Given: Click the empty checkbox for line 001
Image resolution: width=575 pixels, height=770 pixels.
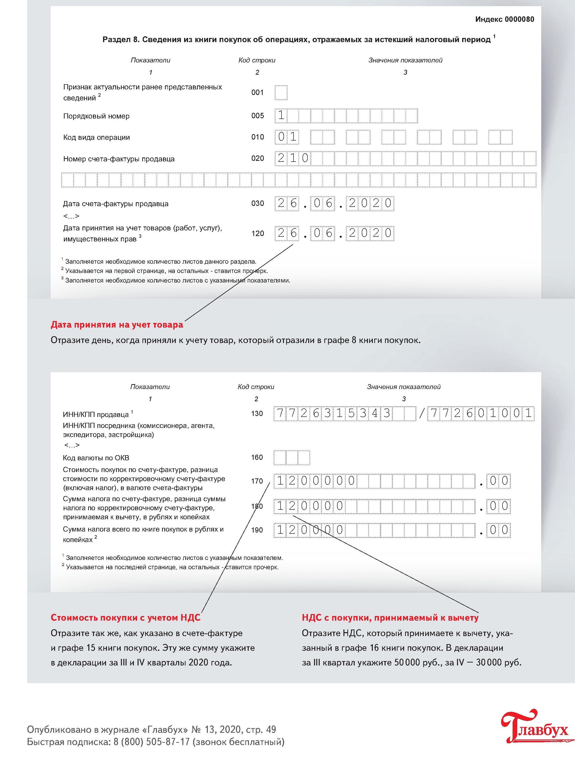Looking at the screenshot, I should pyautogui.click(x=281, y=93).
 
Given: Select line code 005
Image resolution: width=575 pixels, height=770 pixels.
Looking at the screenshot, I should pyautogui.click(x=258, y=116).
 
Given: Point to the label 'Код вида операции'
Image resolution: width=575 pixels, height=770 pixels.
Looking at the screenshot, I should pyautogui.click(x=96, y=138).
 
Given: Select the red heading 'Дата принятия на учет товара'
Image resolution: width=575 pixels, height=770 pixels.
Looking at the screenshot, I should pyautogui.click(x=117, y=325).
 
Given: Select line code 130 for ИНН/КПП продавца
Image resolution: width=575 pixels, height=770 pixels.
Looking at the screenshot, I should pyautogui.click(x=257, y=414).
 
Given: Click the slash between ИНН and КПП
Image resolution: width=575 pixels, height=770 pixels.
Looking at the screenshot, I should pyautogui.click(x=422, y=414).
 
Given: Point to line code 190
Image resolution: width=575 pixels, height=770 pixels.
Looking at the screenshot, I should pyautogui.click(x=257, y=530).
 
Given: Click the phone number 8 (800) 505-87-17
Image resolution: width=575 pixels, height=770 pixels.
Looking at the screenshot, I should pyautogui.click(x=152, y=742).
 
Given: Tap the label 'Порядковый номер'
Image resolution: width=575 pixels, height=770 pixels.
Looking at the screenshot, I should pyautogui.click(x=96, y=116).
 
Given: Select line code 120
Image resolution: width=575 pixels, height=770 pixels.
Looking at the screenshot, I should pyautogui.click(x=258, y=234).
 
